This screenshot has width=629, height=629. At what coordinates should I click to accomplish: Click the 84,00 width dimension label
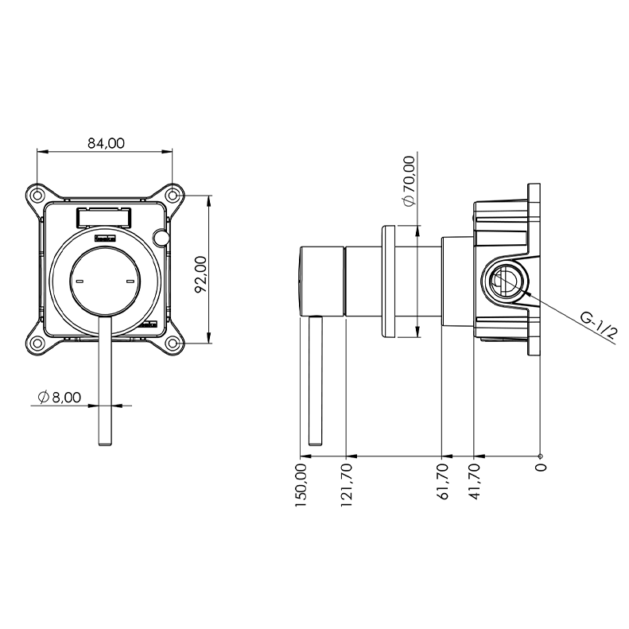(x=107, y=143)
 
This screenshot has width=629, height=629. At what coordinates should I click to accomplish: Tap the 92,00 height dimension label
(x=200, y=274)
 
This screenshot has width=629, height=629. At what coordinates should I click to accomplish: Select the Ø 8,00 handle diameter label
(x=60, y=397)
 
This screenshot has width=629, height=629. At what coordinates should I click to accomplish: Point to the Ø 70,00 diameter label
(x=410, y=181)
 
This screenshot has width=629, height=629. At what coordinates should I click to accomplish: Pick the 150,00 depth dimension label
(x=301, y=485)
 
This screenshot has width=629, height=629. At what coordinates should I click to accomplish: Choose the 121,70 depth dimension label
(x=346, y=485)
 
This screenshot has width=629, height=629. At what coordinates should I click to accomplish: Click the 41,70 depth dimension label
(x=475, y=481)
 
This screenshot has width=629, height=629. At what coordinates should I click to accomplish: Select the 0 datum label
(x=541, y=467)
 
